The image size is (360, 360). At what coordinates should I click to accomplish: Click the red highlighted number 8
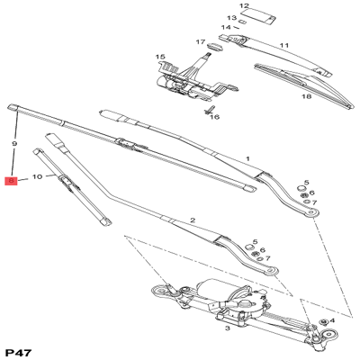pos(11,181)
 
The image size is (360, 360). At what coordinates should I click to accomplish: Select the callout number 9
pos(13,144)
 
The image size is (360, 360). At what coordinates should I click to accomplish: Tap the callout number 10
pos(37,177)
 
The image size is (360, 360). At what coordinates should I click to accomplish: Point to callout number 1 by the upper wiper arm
pos(247,159)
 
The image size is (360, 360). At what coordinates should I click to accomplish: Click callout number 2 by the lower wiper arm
pos(192,220)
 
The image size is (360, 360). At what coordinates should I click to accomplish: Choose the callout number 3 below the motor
pos(228,329)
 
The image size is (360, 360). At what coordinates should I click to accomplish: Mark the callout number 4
pos(332,320)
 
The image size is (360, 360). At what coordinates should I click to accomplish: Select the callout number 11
pos(283,45)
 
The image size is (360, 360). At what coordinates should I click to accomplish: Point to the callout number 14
pos(227,27)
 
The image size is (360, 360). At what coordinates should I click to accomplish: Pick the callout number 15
pos(160,57)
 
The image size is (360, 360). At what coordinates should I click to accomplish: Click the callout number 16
pos(215,117)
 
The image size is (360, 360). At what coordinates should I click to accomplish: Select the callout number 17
pos(201,41)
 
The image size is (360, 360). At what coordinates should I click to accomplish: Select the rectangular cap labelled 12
pos(261,17)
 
